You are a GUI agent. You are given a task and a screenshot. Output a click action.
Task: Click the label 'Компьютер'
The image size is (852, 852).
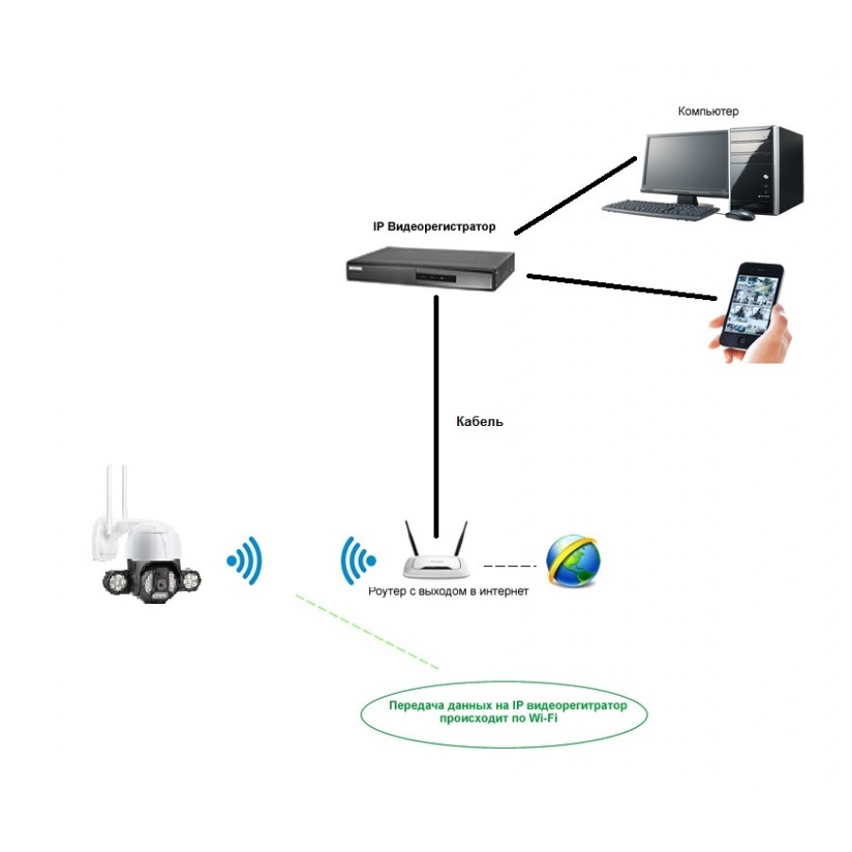(x=708, y=112)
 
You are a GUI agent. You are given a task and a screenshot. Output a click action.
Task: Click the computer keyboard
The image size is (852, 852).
(x=662, y=206)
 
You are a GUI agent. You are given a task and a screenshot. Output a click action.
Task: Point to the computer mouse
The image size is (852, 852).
(x=741, y=216)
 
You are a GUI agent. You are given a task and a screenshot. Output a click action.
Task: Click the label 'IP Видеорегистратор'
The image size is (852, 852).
(x=434, y=227)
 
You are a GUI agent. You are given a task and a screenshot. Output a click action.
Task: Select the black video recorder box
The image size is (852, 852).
(x=429, y=269)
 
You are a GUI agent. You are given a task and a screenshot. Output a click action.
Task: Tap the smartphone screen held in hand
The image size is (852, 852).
(x=752, y=305)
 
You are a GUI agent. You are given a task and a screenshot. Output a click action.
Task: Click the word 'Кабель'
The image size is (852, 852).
(x=479, y=421)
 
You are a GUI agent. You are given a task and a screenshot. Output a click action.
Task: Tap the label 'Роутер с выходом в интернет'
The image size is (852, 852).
(x=449, y=591)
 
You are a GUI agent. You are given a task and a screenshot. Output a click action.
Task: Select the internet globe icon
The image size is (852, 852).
(x=574, y=561)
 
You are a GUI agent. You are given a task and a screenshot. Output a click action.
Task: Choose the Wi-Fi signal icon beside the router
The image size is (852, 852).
(x=358, y=561)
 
